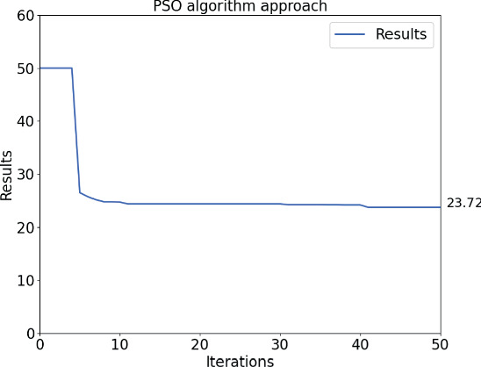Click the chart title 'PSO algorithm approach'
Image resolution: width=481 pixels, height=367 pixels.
(240, 7)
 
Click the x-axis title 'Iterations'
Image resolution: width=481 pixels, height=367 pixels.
(240, 360)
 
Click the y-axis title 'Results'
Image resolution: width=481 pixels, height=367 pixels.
(8, 174)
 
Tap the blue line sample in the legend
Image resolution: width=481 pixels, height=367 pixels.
(348, 35)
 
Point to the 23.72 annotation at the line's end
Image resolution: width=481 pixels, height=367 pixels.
(462, 203)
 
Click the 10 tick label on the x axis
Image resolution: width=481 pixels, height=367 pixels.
(119, 345)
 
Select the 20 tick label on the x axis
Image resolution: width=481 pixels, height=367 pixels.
(200, 345)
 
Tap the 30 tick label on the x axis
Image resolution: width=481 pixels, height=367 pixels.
(280, 345)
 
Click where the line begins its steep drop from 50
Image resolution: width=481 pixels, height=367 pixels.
(72, 68)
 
